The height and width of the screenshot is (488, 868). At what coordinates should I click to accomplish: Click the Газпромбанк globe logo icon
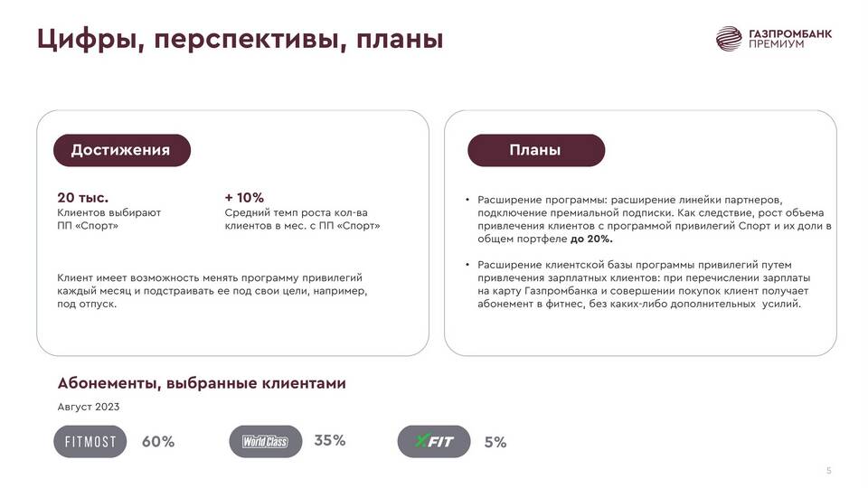coord(729,39)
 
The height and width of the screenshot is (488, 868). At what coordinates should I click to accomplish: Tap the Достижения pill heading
coord(122,150)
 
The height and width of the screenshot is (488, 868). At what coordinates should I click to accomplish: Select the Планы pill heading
coord(536,150)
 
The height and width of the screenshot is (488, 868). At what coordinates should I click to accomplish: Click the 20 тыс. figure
coord(82,198)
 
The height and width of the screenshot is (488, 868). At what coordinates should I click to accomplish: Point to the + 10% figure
coord(244,198)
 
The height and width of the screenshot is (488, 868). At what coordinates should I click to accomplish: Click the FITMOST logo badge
coord(90,442)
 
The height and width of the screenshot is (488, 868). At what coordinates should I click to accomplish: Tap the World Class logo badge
coord(266,442)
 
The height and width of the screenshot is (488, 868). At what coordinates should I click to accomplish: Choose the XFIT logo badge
coord(434,442)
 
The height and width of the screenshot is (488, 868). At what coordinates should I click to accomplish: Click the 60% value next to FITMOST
coord(158,442)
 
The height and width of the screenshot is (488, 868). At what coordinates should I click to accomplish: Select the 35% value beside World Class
coord(330,440)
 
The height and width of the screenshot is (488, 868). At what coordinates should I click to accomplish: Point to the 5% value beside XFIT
coord(495,442)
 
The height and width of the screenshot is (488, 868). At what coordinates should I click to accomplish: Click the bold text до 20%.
coord(591,239)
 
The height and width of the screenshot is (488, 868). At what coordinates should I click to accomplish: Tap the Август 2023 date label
coord(89,407)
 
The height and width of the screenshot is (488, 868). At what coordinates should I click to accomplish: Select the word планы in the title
coord(399,40)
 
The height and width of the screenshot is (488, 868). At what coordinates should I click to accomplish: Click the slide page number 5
coord(829,471)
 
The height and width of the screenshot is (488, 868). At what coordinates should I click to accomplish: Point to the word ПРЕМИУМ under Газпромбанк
coord(776,44)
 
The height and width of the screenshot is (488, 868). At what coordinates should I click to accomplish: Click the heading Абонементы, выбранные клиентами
coord(202,383)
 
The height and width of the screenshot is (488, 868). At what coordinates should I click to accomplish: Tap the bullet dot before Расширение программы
coord(467,200)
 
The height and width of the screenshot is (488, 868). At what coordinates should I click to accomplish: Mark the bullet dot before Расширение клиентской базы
coord(467,265)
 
